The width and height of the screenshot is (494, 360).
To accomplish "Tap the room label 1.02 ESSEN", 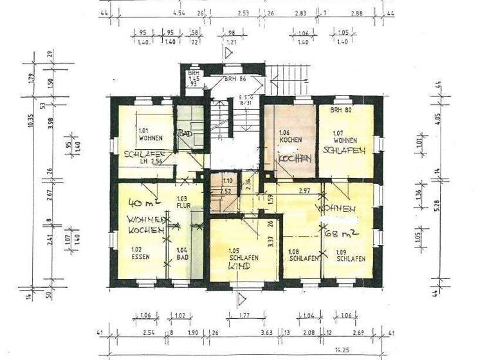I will coord(141,253).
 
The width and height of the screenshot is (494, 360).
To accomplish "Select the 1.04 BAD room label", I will coord(182,253).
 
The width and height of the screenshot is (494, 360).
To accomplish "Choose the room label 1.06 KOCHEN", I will coord(287,136).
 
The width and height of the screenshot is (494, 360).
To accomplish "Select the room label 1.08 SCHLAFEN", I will coord(301,255).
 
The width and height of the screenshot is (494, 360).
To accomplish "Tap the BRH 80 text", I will coord(340,111).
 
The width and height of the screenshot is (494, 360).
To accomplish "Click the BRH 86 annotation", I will coord(235,78).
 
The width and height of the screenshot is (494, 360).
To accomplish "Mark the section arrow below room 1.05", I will coord(242,299).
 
